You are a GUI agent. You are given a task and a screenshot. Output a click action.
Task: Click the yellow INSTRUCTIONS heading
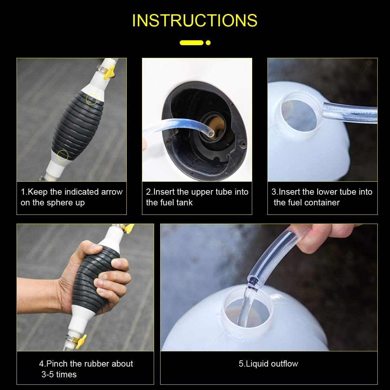coord(195,20)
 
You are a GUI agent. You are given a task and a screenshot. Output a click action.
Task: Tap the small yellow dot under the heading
coord(208,43)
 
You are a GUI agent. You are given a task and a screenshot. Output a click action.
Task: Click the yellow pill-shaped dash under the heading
coord(191,43)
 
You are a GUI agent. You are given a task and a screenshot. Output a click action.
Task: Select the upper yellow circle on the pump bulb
coord(91,99)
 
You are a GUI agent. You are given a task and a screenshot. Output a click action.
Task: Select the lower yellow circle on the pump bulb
coord(62,155)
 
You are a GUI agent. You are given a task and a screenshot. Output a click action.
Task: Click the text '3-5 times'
coord(59,374)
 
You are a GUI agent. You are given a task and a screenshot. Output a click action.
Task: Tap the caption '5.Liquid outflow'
coord(268,363)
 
